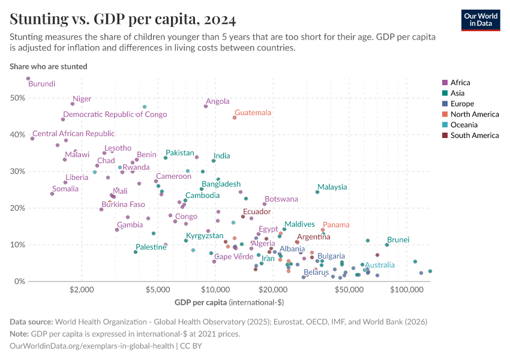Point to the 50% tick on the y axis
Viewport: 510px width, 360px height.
point(18,98)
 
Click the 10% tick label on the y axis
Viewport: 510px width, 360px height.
point(18,245)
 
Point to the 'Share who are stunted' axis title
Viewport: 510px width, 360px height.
point(49,67)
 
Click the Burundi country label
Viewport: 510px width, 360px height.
point(42,84)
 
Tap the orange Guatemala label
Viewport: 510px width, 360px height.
point(253,112)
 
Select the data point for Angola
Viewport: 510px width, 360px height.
point(206,106)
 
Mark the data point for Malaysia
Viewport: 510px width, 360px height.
point(317,192)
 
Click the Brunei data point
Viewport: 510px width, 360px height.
point(387,245)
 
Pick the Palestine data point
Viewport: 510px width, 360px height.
point(136,252)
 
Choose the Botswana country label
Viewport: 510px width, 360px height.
point(281,199)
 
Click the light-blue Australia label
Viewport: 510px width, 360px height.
point(380,265)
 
